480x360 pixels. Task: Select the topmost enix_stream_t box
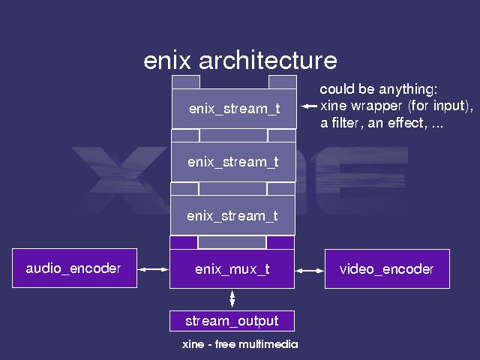click(x=234, y=109)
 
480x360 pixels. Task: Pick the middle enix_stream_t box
click(x=233, y=162)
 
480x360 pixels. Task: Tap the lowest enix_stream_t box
click(x=232, y=216)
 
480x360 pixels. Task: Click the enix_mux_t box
click(x=232, y=269)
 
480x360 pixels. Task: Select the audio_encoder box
click(x=74, y=268)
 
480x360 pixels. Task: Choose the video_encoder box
click(x=387, y=269)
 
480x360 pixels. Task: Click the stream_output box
click(x=232, y=321)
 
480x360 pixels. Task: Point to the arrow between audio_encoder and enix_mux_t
click(x=154, y=269)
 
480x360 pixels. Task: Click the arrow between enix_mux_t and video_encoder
click(x=309, y=269)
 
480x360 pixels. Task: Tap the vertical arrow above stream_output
click(x=232, y=298)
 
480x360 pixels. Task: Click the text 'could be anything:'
click(x=373, y=88)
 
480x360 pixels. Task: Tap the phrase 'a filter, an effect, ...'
click(x=382, y=123)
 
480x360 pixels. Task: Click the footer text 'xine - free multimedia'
click(x=240, y=344)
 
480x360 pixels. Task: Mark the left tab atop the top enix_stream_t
click(x=186, y=82)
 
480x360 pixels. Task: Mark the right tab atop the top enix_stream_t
click(x=282, y=82)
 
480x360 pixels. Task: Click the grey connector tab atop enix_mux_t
click(x=232, y=242)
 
